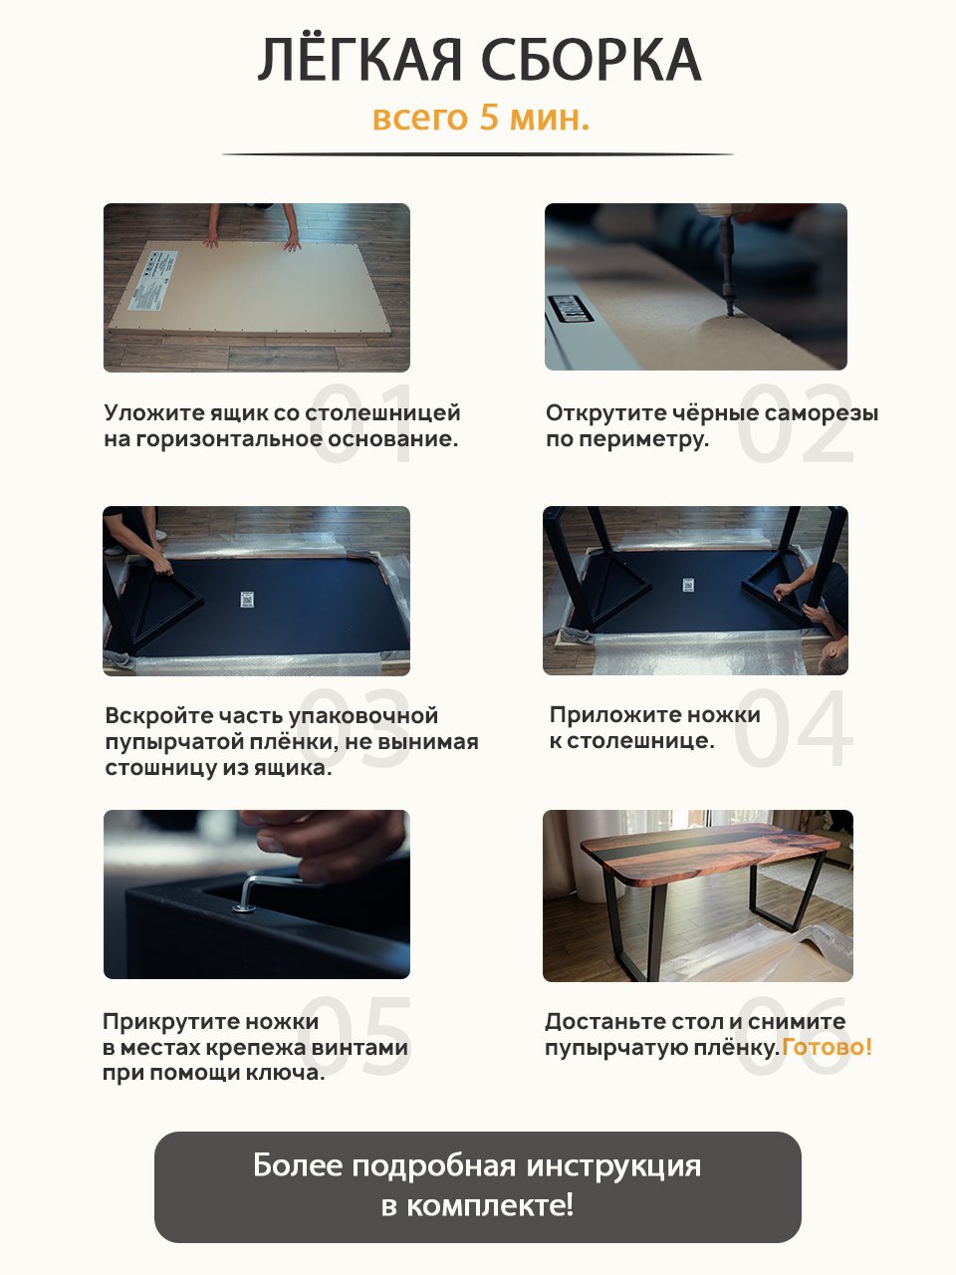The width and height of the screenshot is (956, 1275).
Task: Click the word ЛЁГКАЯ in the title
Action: [x=359, y=59]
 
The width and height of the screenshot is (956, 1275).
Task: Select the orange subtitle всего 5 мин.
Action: [x=481, y=118]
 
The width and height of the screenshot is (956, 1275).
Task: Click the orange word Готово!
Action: [x=827, y=1047]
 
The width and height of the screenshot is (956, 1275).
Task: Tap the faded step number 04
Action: [x=793, y=727]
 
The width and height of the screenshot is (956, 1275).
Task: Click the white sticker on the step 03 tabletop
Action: [x=247, y=600]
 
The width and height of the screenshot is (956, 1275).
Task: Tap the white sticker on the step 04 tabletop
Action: [x=688, y=585]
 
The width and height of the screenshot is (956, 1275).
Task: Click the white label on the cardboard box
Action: [x=152, y=280]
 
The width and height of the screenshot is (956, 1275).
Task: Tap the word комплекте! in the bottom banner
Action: [x=490, y=1206]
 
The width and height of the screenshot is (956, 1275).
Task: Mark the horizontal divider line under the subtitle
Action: [x=478, y=154]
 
